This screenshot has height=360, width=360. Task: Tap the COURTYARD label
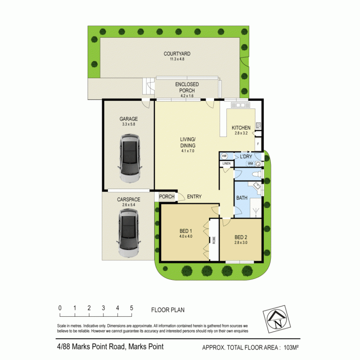174,54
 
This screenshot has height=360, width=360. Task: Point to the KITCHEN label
241,128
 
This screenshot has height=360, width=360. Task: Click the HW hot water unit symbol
224,156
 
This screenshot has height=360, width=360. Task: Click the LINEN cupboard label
226,164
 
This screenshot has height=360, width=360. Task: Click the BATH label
242,197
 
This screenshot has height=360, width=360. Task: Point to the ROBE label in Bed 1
214,241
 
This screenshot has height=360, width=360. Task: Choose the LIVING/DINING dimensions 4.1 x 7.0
188,151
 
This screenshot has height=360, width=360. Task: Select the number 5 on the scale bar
131,308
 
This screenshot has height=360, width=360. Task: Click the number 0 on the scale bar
60,308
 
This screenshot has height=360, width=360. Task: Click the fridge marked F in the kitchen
258,144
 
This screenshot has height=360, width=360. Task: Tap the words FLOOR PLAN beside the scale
167,310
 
